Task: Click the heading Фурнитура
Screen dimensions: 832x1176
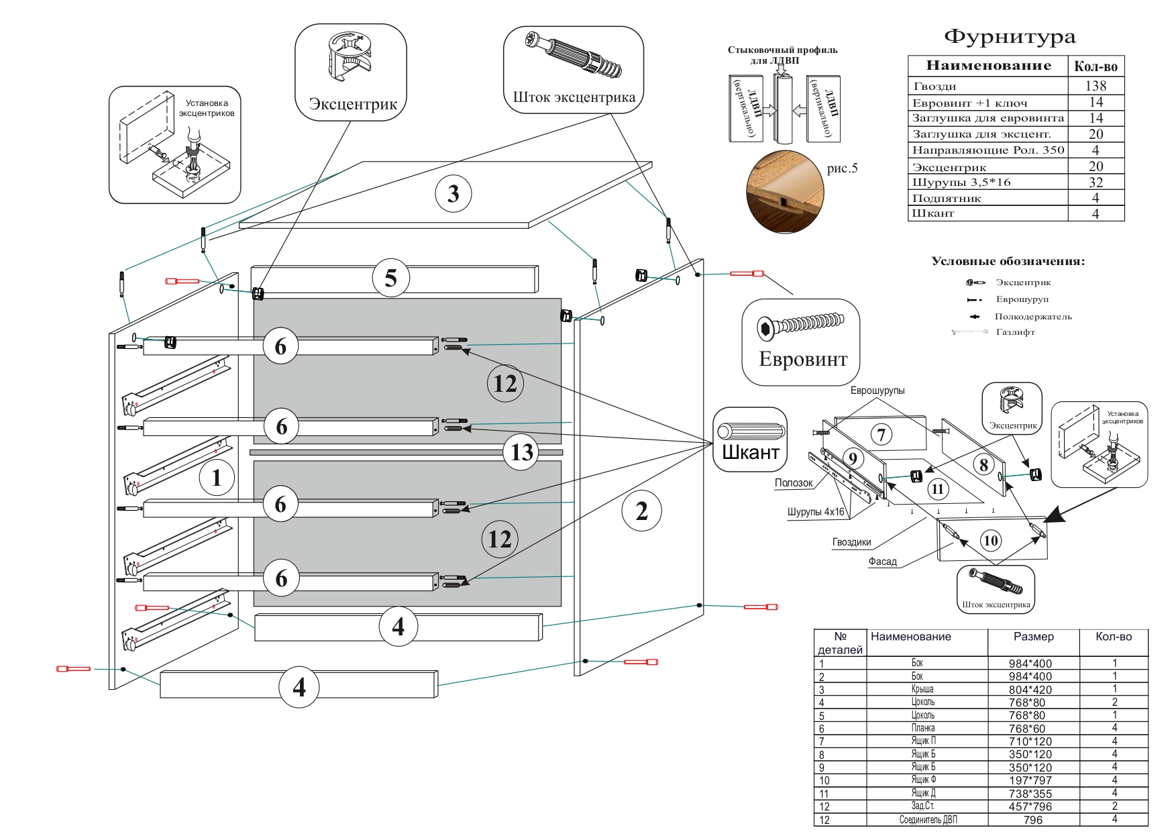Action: tap(1009, 37)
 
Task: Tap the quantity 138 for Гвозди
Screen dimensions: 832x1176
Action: tap(1095, 86)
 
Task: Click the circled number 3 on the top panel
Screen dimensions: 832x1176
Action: tap(453, 194)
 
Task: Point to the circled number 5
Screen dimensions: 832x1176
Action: tap(390, 278)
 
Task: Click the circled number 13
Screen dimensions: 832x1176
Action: tap(521, 452)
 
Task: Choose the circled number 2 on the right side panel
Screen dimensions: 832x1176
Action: tap(642, 511)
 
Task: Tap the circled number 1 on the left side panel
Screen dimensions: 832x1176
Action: tap(216, 478)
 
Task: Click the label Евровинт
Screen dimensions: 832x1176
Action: tap(803, 360)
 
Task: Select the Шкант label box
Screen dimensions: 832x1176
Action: tap(750, 440)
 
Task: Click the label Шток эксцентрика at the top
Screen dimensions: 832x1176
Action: tap(574, 97)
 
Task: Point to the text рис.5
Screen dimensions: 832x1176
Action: tap(842, 168)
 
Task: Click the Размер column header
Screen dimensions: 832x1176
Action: tap(1033, 637)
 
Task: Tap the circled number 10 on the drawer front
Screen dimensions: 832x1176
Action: tap(990, 540)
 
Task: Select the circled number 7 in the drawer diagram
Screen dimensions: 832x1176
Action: tap(881, 434)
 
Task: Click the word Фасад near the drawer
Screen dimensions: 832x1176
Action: tap(882, 562)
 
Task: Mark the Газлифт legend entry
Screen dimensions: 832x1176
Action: tap(1015, 332)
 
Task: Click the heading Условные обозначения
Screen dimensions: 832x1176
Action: tap(1008, 262)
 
